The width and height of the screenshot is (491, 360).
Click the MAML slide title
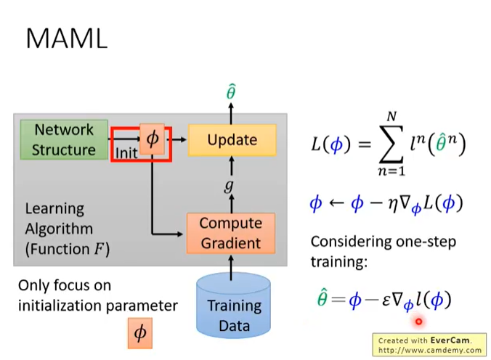66,38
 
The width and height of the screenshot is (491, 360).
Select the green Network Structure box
65,140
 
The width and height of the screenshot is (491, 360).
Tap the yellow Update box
232,140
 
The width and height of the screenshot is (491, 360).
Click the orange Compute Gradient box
232,233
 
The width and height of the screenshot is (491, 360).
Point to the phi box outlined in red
153,139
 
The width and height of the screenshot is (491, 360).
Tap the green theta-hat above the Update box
231,92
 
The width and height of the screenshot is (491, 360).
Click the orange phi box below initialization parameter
140,333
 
